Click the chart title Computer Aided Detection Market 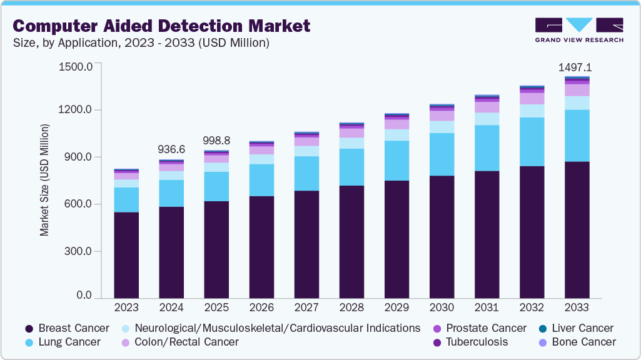click(x=161, y=26)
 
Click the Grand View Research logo click(x=578, y=30)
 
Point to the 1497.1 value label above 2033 click(x=576, y=67)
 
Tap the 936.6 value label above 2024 click(x=171, y=149)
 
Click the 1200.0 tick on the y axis click(x=76, y=110)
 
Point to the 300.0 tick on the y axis click(x=78, y=251)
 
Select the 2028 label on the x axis click(x=351, y=307)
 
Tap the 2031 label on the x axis click(x=487, y=307)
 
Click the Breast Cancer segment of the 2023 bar click(x=126, y=255)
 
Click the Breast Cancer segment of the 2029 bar click(x=396, y=239)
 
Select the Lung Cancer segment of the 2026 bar click(x=261, y=180)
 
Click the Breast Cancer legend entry click(x=67, y=328)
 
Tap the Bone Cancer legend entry click(x=581, y=342)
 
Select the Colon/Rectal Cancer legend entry click(x=179, y=342)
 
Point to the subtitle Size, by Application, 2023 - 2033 click(x=141, y=43)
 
